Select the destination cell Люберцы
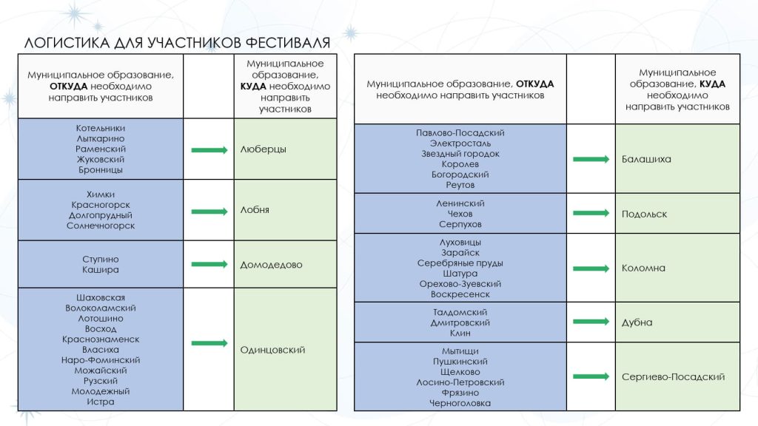(263, 149)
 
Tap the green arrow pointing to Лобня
(209, 211)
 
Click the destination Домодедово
(271, 265)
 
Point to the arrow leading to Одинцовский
(209, 343)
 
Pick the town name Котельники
(101, 128)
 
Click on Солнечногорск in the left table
(101, 226)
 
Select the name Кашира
(101, 270)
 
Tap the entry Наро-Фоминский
(101, 360)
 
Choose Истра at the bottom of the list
(101, 402)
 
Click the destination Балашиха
(646, 159)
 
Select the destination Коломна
(643, 268)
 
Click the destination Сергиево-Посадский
(673, 377)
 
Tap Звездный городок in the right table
(460, 154)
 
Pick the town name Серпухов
(460, 224)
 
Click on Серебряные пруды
(460, 263)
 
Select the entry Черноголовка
(460, 403)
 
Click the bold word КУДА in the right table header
(712, 84)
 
